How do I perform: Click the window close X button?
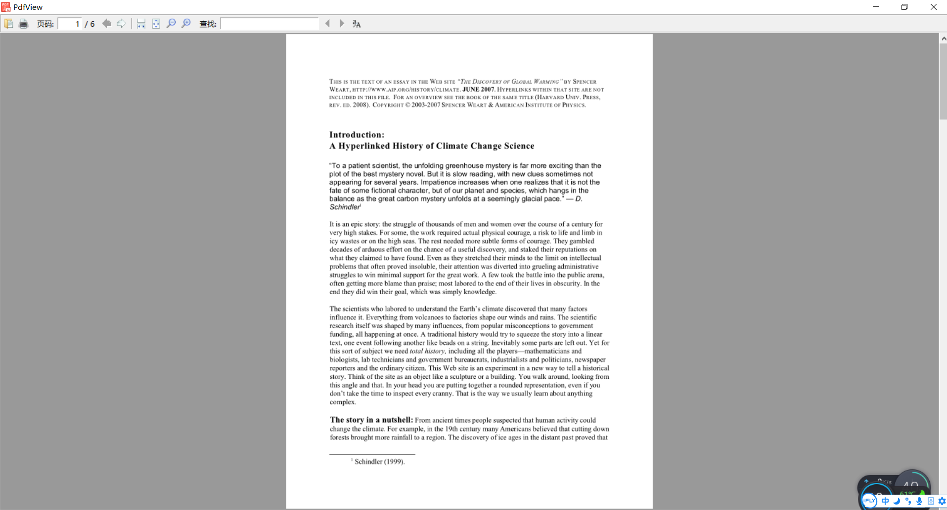(x=933, y=7)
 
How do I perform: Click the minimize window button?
(x=876, y=7)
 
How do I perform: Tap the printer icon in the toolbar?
(x=23, y=24)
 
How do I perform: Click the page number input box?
(x=70, y=24)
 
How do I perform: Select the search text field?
(x=270, y=24)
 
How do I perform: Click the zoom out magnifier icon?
(x=171, y=24)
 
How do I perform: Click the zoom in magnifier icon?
(x=186, y=24)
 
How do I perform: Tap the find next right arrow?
(x=342, y=24)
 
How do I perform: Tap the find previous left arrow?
(x=327, y=24)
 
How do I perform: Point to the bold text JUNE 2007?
(x=478, y=90)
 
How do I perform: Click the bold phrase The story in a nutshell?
(x=371, y=420)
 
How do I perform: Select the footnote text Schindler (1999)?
(x=379, y=462)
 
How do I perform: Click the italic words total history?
(x=427, y=352)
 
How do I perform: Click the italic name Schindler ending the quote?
(x=345, y=207)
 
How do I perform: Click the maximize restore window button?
(x=904, y=7)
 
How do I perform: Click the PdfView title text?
(x=28, y=7)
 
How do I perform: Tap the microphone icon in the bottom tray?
(x=919, y=501)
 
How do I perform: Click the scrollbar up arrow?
(x=943, y=39)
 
